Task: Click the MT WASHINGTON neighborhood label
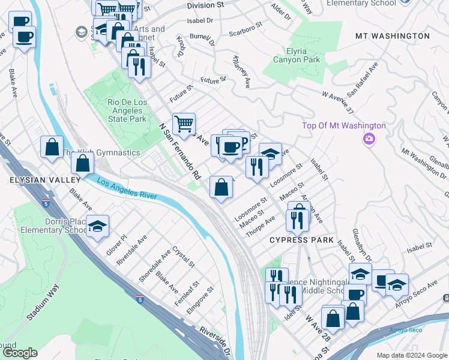point(393,36)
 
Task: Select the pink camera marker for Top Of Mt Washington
point(369,139)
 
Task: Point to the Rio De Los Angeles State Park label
point(127,110)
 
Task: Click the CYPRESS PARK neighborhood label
point(301,240)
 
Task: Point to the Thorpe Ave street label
point(261,224)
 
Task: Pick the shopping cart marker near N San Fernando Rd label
point(184,124)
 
